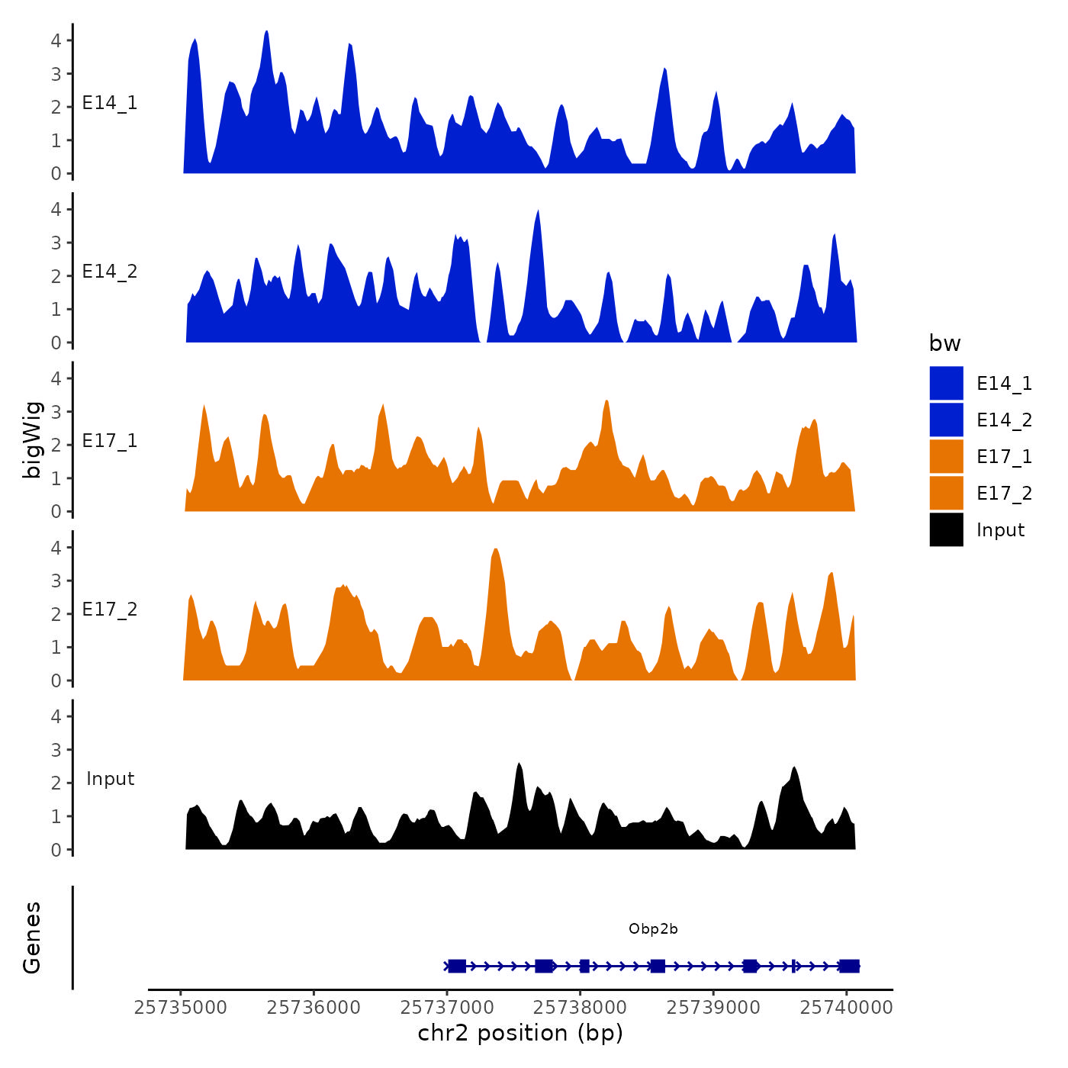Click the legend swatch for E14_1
946,383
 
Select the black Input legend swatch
946,529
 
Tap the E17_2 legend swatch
946,493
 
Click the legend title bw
944,343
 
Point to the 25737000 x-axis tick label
447,1007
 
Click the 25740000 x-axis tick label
846,1007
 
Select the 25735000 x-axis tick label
181,1007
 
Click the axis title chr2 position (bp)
520,1033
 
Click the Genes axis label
32,938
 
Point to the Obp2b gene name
653,928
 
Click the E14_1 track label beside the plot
110,103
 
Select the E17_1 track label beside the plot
110,441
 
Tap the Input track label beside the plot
110,779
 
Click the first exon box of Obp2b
457,966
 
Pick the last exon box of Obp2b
849,966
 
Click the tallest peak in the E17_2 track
496,551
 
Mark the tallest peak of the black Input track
519,764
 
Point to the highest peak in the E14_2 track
538,211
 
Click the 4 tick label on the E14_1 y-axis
56,40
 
